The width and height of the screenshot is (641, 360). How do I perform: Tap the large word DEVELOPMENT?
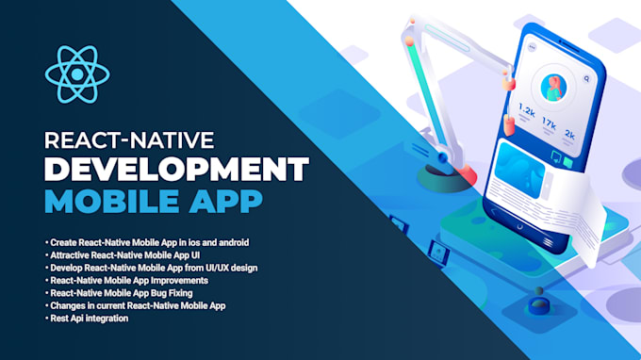click(176, 170)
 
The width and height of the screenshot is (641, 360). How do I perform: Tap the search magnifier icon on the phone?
click(587, 80)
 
